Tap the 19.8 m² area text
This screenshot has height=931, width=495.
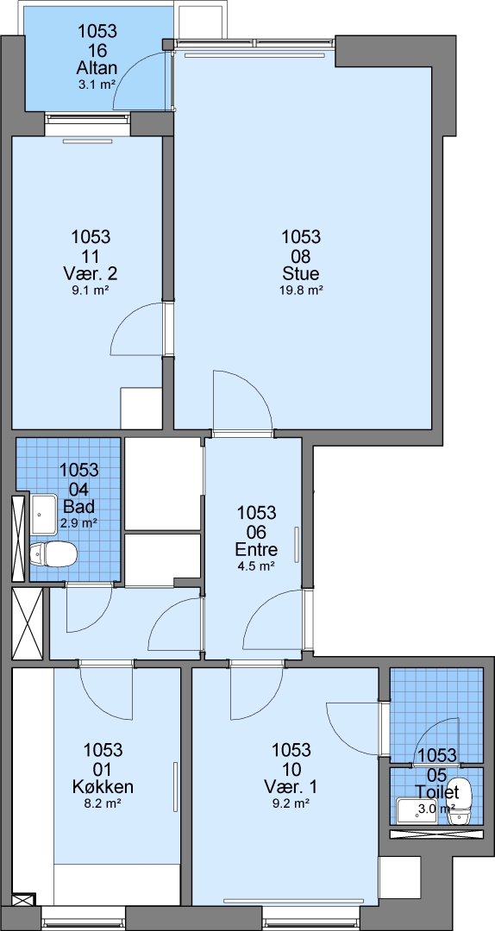coord(301,291)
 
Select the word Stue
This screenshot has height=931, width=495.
coord(301,274)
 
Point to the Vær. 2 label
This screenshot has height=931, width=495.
coord(91,274)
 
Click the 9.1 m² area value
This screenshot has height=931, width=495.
coord(91,291)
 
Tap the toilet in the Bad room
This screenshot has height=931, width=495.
coord(53,554)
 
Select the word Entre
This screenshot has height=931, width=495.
coord(256,549)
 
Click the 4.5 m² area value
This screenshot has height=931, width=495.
coord(256,565)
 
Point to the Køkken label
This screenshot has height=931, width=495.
coord(103,787)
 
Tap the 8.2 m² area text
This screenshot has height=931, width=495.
coord(103,803)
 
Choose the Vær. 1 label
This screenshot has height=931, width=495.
coord(291,787)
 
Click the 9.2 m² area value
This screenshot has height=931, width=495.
coord(291,803)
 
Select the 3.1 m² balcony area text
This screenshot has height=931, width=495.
coord(97,84)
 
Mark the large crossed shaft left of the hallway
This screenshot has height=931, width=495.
coord(28,623)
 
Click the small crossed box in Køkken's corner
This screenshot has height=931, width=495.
coord(24,899)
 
